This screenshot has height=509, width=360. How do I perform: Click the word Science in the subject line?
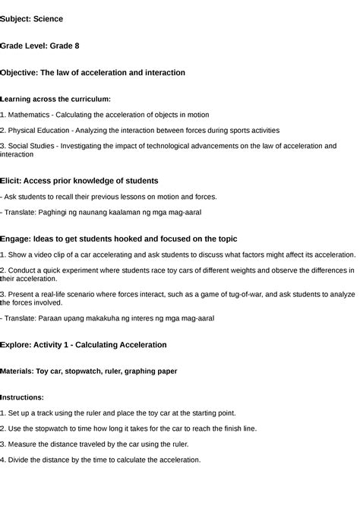[49, 18]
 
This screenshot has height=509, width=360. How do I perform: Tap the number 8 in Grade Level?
[76, 46]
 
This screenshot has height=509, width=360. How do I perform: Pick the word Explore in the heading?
[17, 344]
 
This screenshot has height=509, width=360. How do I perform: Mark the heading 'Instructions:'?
[22, 397]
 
